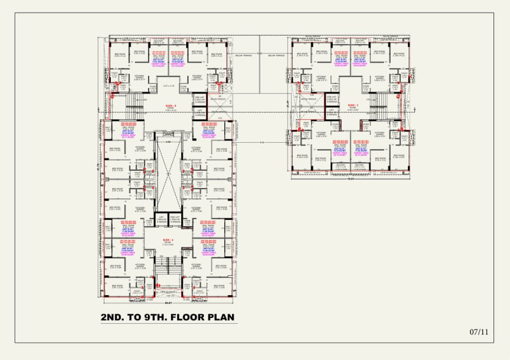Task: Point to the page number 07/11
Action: tap(478, 332)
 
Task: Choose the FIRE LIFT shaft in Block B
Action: tap(200, 101)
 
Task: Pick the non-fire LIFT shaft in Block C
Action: tap(331, 112)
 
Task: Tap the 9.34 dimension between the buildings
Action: tap(261, 142)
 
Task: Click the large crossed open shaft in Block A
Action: tap(168, 175)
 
